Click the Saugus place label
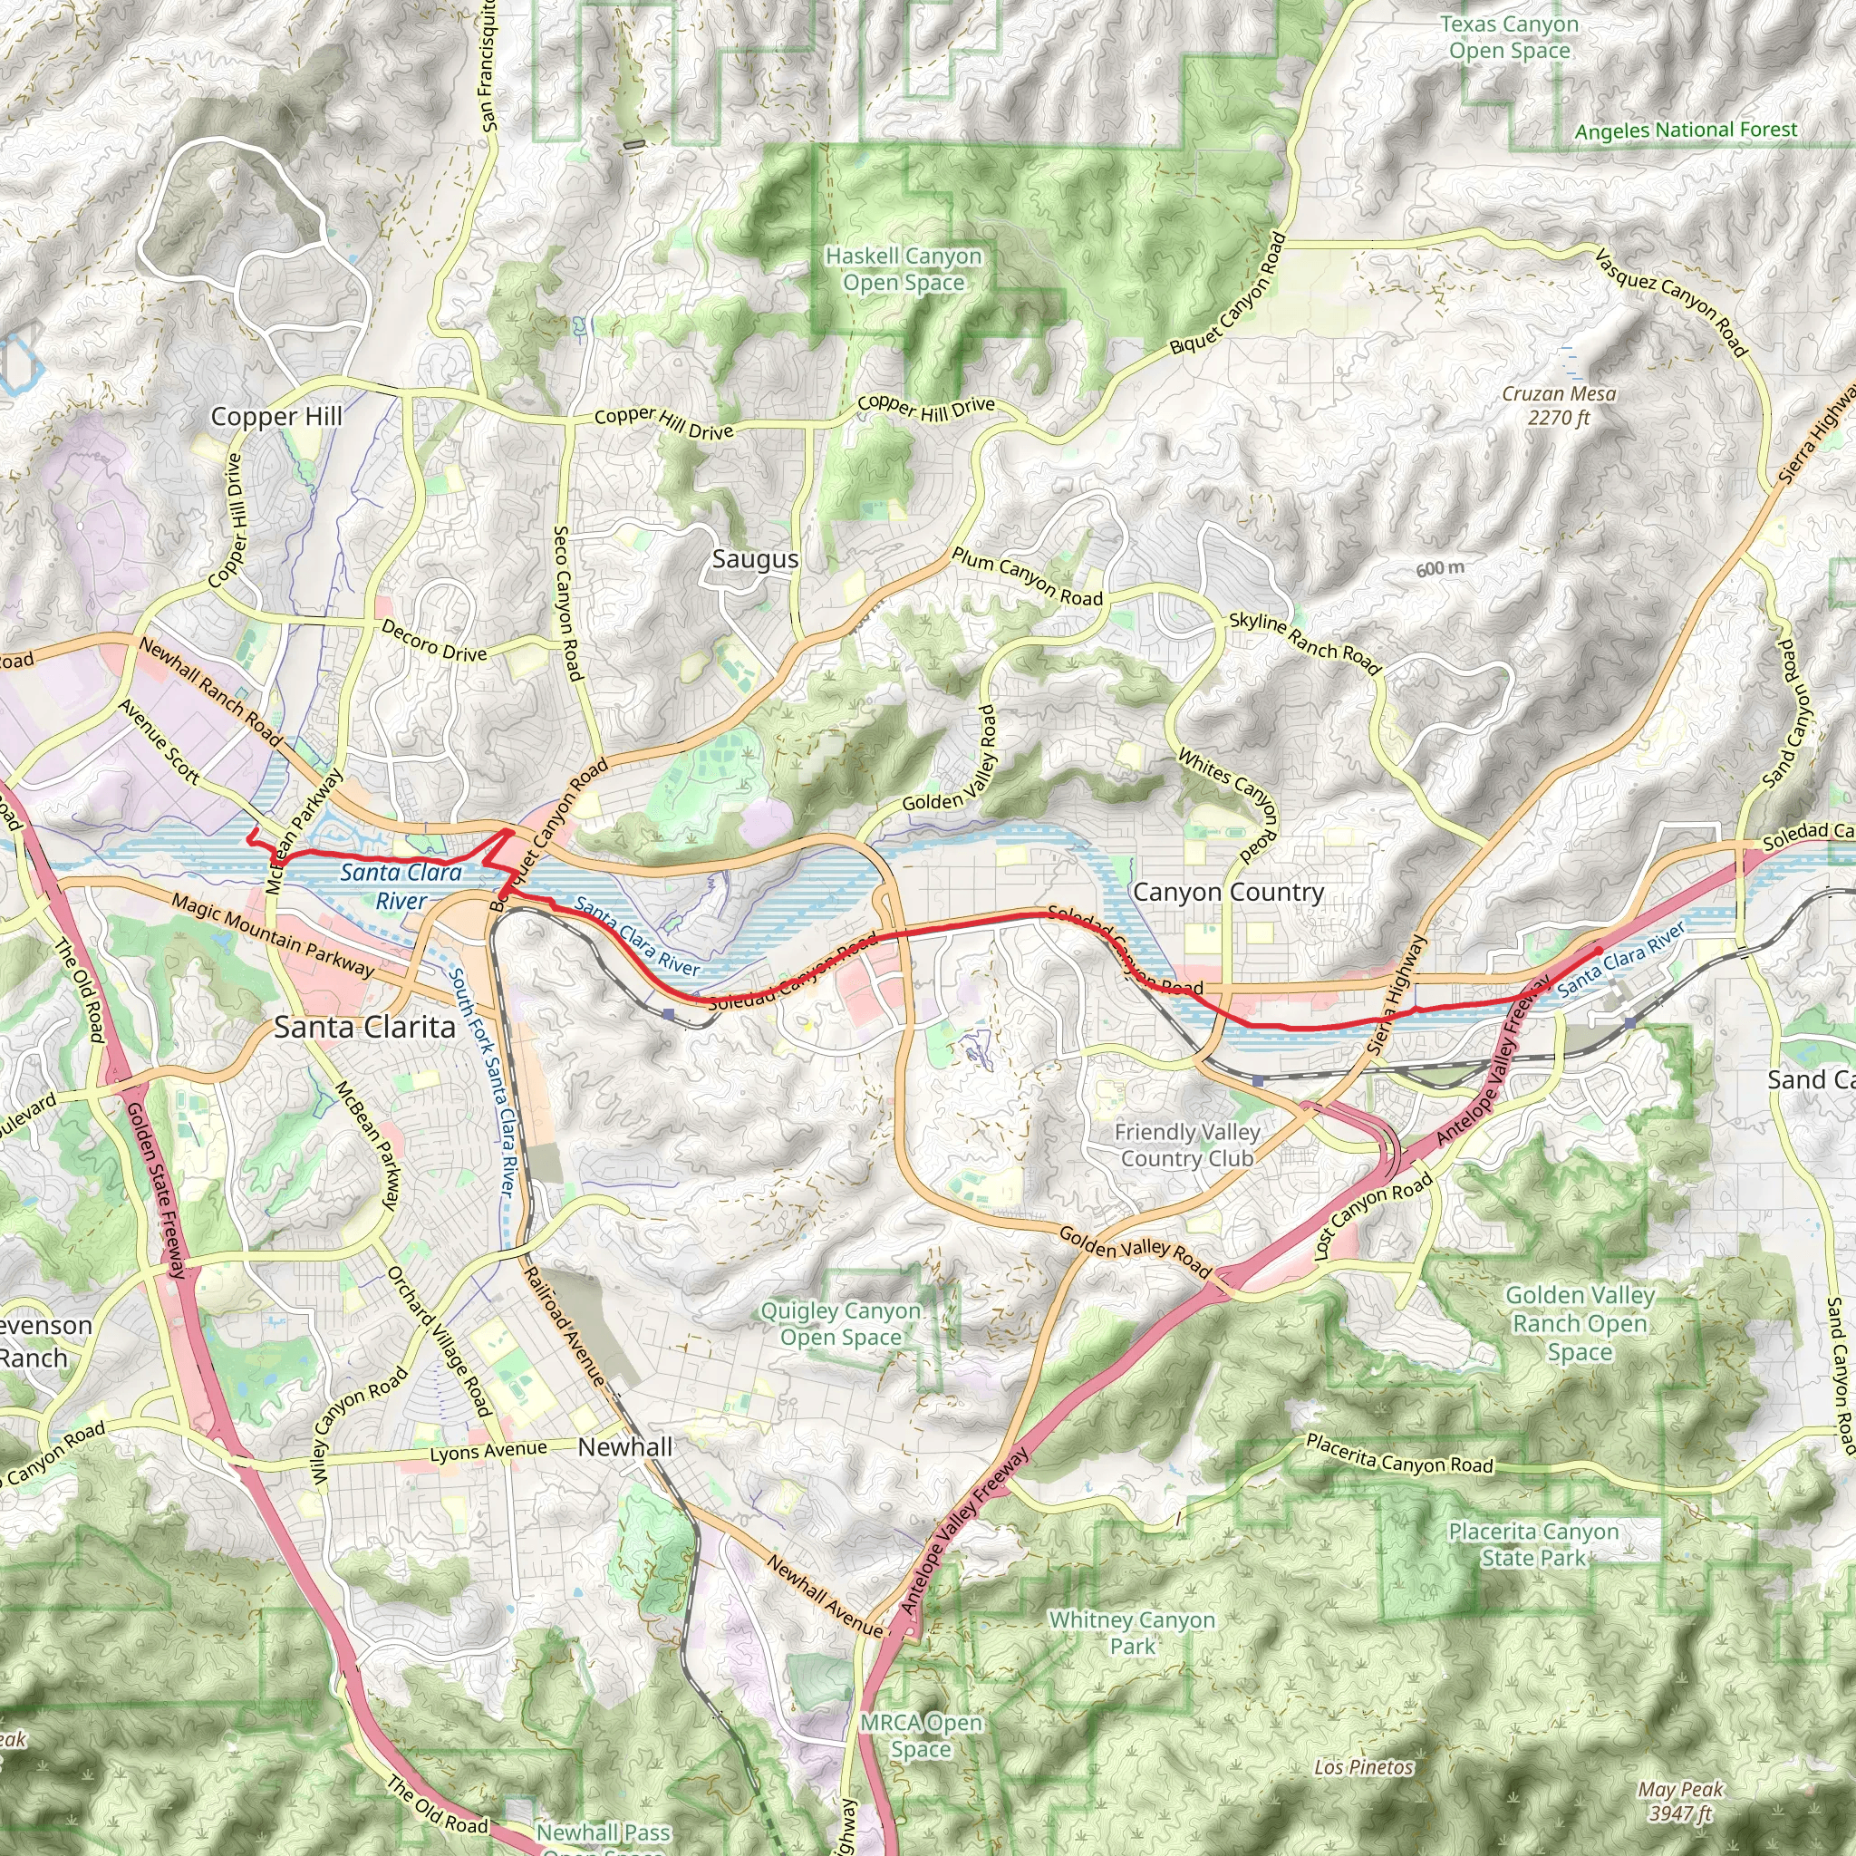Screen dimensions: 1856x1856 coord(755,559)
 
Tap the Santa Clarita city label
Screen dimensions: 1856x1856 coord(365,1027)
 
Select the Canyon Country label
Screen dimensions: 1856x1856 coord(1228,892)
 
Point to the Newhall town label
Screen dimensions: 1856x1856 coord(625,1446)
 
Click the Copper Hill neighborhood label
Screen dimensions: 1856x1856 coord(275,416)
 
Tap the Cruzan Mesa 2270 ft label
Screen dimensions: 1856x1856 coord(1559,405)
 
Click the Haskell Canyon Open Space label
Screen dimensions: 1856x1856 coord(903,269)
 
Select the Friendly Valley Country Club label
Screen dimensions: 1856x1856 coord(1187,1145)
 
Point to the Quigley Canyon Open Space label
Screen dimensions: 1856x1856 coord(841,1324)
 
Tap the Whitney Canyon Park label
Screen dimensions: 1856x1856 coord(1132,1632)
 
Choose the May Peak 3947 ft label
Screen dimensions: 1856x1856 coord(1681,1802)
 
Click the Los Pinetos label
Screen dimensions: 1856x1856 coord(1364,1767)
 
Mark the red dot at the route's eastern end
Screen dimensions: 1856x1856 coord(1599,950)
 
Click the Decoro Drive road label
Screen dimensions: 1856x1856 coord(434,641)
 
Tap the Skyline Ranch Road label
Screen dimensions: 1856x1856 coord(1305,643)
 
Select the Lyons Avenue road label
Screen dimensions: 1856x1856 coord(488,1452)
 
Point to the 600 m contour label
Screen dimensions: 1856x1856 coord(1440,569)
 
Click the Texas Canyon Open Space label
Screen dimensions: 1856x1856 coord(1509,37)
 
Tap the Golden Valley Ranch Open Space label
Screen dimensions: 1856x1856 coord(1580,1324)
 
